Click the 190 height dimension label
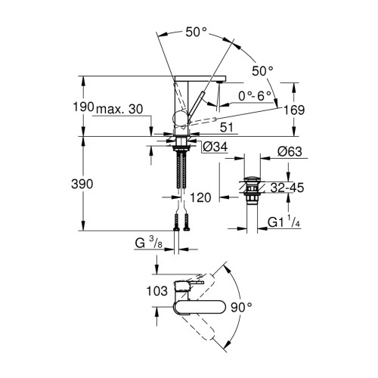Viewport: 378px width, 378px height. [83, 107]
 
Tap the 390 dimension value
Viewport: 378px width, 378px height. [82, 184]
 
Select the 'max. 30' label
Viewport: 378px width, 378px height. [119, 109]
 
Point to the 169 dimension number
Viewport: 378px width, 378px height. [294, 110]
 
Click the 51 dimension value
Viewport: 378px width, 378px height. [227, 128]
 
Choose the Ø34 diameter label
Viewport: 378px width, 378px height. [215, 147]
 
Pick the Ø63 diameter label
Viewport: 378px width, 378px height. [290, 152]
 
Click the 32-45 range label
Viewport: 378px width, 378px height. [287, 187]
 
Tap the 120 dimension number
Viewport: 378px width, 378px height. [200, 198]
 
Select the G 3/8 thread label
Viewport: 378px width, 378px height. [149, 243]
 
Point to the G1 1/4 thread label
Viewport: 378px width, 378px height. [284, 222]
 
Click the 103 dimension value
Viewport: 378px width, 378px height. [157, 291]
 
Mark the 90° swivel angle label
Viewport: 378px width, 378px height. [241, 307]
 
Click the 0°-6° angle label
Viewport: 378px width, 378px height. [255, 96]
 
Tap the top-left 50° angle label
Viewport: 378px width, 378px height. [196, 32]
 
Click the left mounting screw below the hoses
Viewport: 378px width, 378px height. [176, 222]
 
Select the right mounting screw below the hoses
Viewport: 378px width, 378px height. [186, 222]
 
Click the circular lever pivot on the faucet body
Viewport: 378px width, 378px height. [180, 118]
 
